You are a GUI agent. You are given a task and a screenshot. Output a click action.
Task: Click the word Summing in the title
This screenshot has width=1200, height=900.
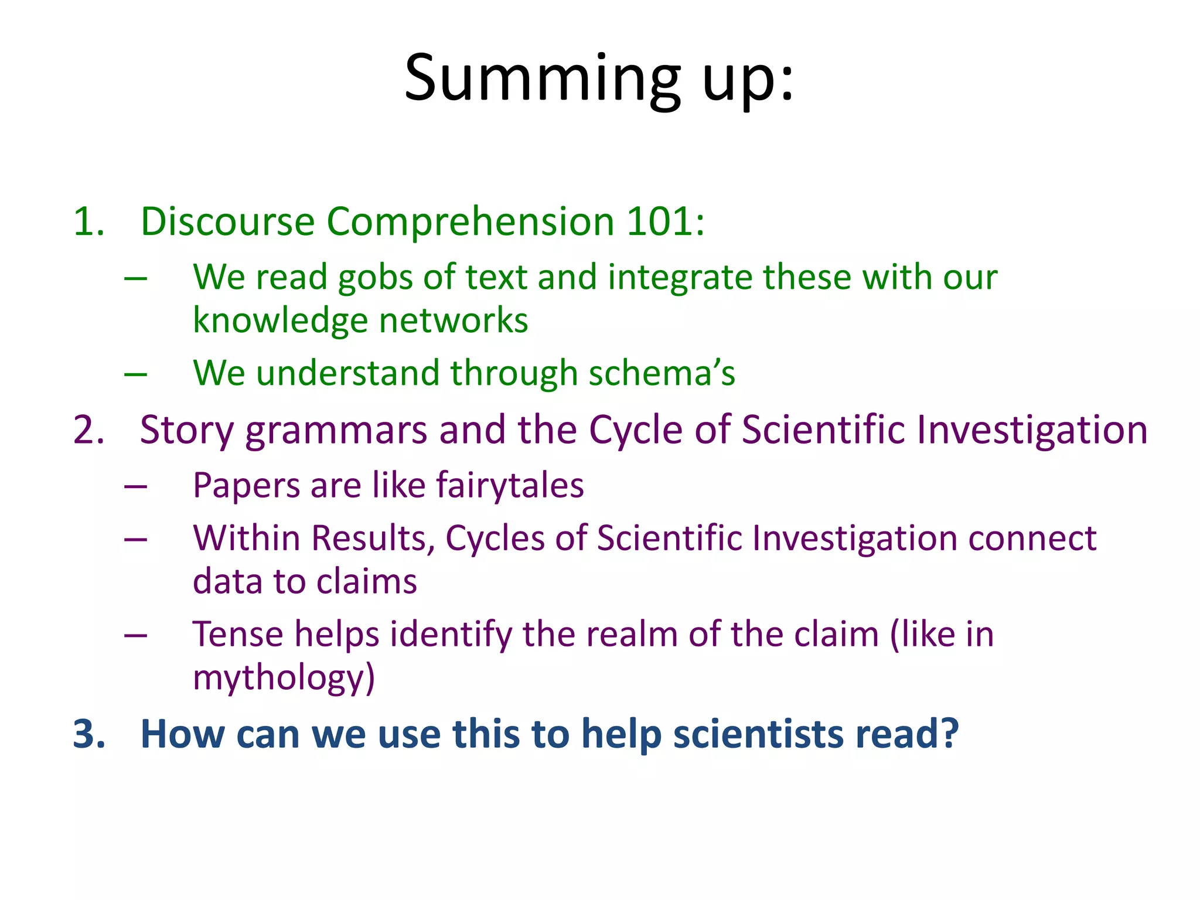(542, 79)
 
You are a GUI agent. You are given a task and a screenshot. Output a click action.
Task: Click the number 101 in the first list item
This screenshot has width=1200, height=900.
(665, 221)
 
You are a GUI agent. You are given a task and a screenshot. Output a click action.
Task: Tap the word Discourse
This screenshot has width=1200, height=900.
(227, 221)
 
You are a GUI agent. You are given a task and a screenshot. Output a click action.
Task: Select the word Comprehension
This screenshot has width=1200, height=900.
(470, 221)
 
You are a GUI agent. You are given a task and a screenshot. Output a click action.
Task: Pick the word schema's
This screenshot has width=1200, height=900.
(662, 373)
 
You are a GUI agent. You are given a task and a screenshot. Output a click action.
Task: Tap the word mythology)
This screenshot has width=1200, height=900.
(284, 678)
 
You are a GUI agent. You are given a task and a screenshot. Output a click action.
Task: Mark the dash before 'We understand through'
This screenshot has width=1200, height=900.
(135, 373)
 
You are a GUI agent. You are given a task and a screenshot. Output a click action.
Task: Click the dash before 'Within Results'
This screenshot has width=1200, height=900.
(135, 538)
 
